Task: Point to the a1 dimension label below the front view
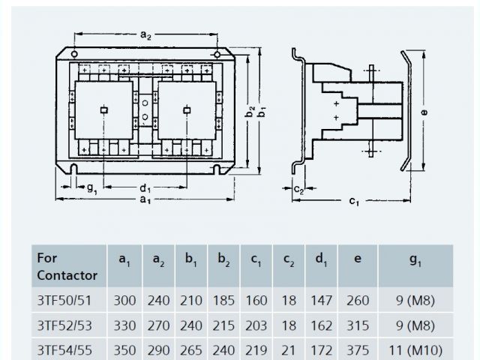[145, 201]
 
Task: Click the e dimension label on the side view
[424, 111]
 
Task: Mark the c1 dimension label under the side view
[353, 201]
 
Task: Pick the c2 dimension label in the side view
[298, 189]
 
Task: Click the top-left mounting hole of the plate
[75, 55]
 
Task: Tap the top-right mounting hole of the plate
[216, 55]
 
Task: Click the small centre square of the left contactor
[103, 110]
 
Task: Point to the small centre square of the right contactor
[186, 110]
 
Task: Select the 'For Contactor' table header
[67, 266]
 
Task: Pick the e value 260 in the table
[358, 301]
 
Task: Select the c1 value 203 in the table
[256, 325]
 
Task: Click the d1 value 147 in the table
[321, 301]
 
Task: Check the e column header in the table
[358, 259]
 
